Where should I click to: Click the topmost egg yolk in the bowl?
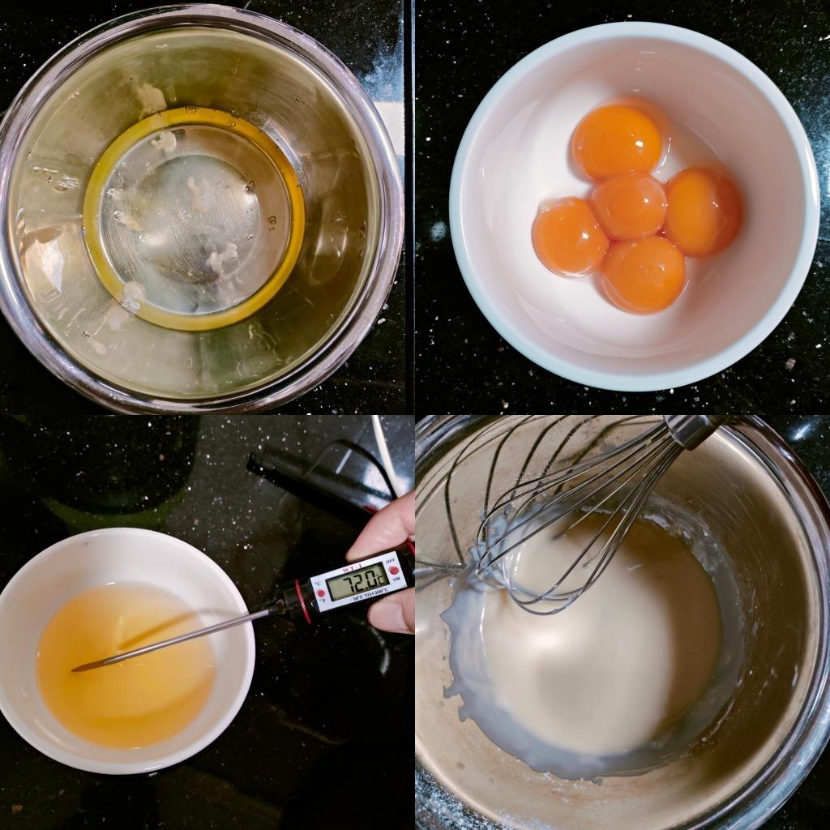[x=617, y=142]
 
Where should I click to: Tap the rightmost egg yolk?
[x=703, y=212]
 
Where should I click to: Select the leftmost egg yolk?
[x=570, y=237]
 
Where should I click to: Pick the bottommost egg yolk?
[x=643, y=274]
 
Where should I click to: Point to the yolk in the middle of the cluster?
[x=628, y=205]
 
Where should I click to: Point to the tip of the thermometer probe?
[x=76, y=669]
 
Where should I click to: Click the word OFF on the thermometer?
[x=390, y=559]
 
